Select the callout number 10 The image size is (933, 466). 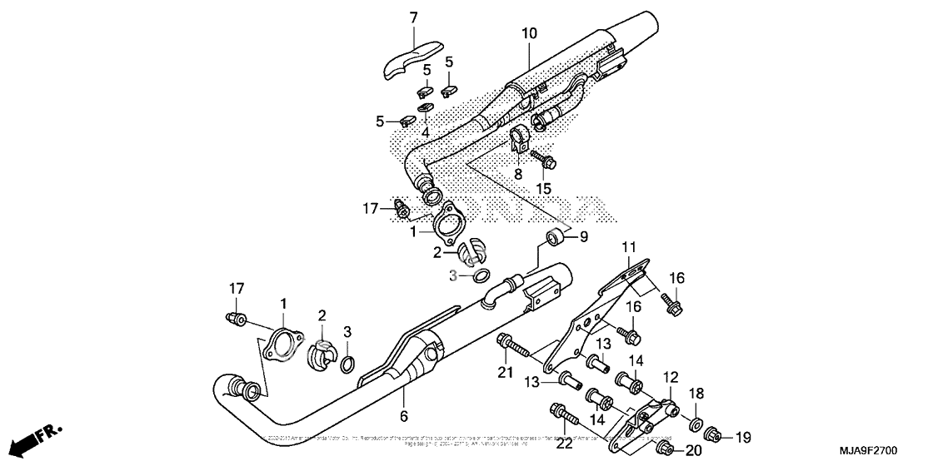coord(530,34)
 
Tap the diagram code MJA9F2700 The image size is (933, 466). coord(885,451)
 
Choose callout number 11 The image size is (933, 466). coord(627,247)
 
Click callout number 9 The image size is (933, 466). coord(583,236)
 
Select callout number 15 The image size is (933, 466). coord(543,189)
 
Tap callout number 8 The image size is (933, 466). coord(517,175)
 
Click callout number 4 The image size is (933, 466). coord(425,132)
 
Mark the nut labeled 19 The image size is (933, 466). coord(713,435)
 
